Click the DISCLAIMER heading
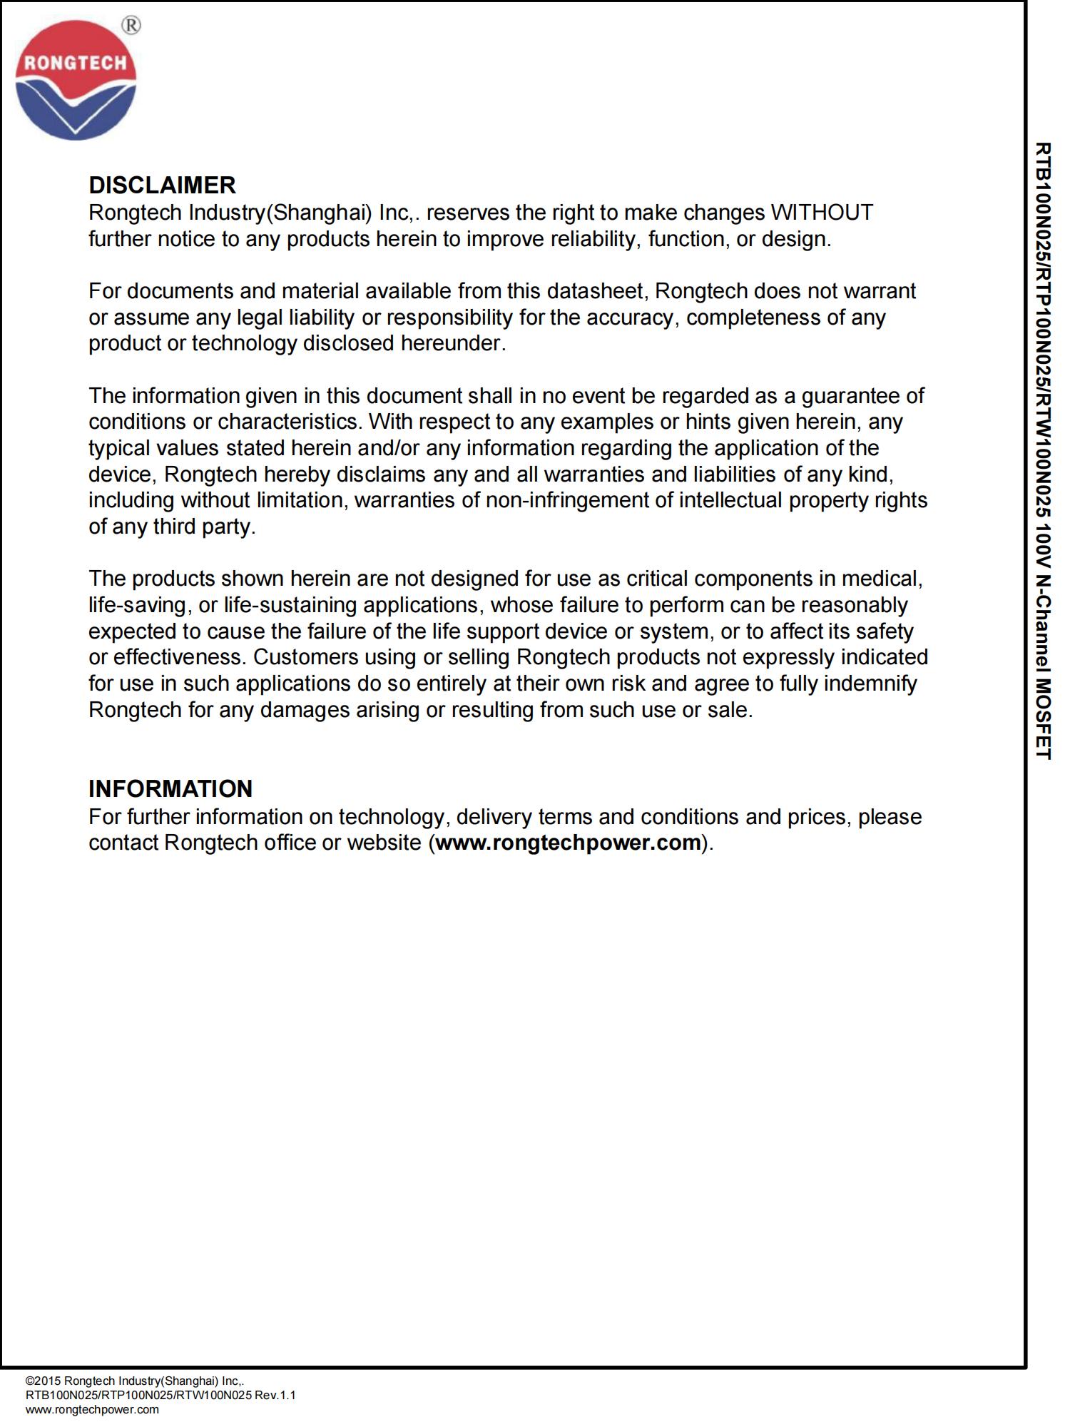point(162,186)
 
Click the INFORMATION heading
point(170,789)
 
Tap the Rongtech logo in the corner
point(76,80)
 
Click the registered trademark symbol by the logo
point(131,26)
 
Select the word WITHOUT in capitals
point(822,213)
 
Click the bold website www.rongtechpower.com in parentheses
point(568,843)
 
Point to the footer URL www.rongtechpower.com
point(92,1409)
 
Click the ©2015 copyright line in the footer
point(136,1381)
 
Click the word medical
point(881,578)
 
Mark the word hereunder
point(453,343)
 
